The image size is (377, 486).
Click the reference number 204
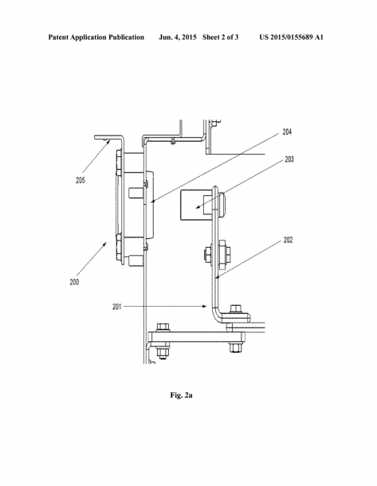[x=287, y=132]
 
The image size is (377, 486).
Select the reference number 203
[x=289, y=159]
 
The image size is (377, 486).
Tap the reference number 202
[x=288, y=240]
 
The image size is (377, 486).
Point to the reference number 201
[x=117, y=307]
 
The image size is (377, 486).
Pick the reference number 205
[x=81, y=180]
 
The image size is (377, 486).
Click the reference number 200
[x=74, y=282]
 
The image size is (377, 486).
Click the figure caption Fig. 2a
[x=182, y=395]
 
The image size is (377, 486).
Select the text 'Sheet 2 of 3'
[x=221, y=37]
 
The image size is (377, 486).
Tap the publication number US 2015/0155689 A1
[x=291, y=37]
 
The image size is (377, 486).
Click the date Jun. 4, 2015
[x=178, y=37]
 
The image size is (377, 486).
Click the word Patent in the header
[x=58, y=37]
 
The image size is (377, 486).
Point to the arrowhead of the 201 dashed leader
[x=205, y=306]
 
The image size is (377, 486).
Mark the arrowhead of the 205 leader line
[x=108, y=141]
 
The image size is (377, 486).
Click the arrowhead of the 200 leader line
[x=105, y=244]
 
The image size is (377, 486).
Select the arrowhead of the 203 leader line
[x=197, y=208]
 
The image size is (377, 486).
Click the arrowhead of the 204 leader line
[x=152, y=202]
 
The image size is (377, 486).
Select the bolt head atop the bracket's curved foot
[x=236, y=308]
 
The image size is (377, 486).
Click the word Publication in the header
[x=126, y=37]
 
